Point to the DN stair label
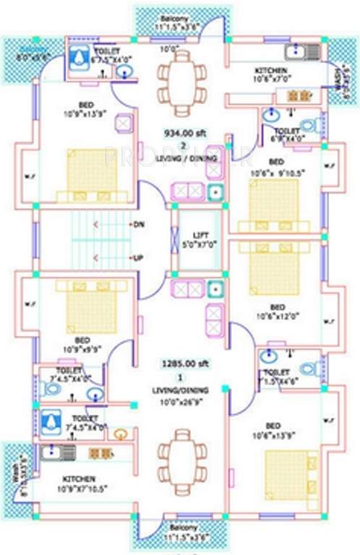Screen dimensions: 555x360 pyautogui.click(x=137, y=224)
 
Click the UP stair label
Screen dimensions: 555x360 pyautogui.click(x=137, y=258)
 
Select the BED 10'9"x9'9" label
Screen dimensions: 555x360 pyautogui.click(x=82, y=344)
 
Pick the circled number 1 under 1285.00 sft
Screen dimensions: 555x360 pyautogui.click(x=181, y=377)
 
